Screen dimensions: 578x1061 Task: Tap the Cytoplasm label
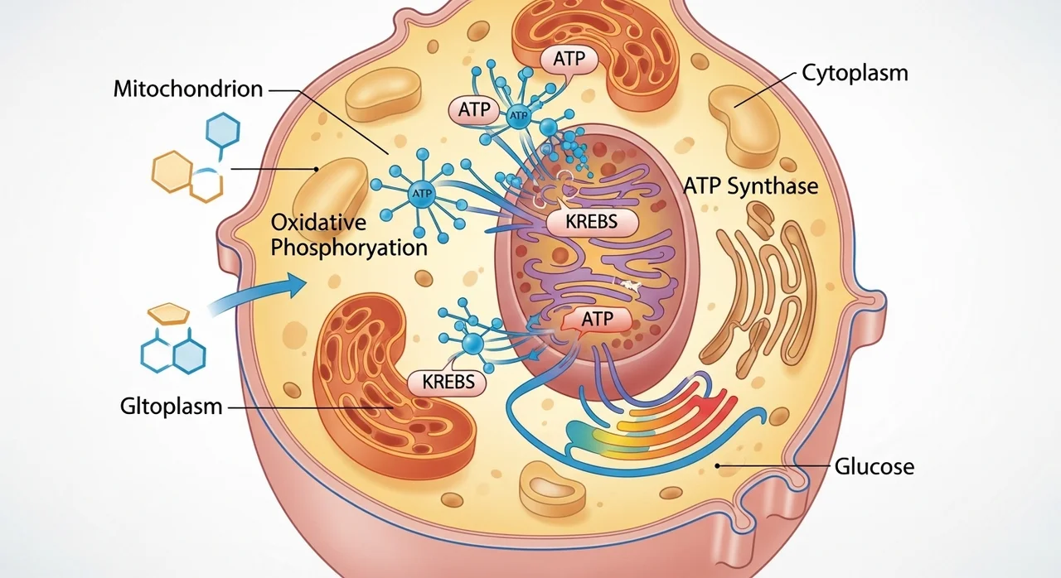pos(855,73)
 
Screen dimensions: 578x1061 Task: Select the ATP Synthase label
pos(750,185)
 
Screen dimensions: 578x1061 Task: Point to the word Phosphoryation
pos(349,248)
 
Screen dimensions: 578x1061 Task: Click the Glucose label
pos(873,466)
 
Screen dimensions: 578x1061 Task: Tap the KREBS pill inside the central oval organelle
pos(593,222)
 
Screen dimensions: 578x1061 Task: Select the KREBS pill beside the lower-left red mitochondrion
pos(448,382)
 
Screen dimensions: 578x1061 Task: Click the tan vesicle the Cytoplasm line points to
pos(744,124)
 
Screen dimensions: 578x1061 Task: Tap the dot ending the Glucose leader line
pos(718,467)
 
